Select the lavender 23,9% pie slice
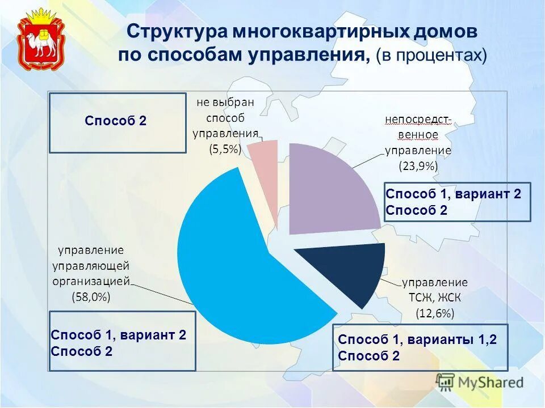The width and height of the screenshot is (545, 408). (x=332, y=187)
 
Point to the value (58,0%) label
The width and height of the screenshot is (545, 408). (x=91, y=296)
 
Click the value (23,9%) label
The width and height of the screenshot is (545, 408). (x=418, y=166)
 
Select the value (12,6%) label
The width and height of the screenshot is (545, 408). (x=435, y=313)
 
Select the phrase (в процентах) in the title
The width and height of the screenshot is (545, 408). (x=431, y=55)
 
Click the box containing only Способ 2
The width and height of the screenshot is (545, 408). (x=118, y=123)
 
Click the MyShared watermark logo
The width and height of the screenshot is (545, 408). (x=480, y=382)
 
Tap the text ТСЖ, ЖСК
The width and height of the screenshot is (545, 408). (x=435, y=297)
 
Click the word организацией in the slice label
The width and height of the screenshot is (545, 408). (x=91, y=280)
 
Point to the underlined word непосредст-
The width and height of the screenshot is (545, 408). (x=418, y=120)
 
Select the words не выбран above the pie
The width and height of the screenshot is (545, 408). (x=225, y=103)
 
